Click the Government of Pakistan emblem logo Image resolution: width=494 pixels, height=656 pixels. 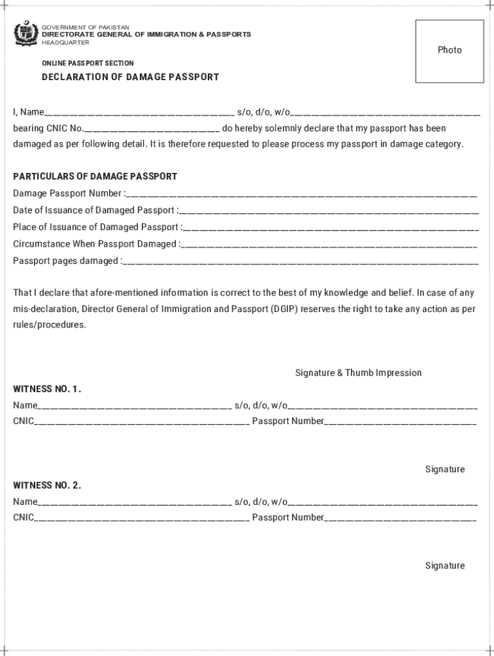[x=26, y=35]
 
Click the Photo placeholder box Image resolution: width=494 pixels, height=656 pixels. [x=449, y=51]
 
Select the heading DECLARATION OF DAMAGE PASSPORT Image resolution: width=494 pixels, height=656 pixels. [x=130, y=77]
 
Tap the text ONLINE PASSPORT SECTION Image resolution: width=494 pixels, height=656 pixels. [x=88, y=63]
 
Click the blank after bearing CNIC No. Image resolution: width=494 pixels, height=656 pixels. [x=152, y=129]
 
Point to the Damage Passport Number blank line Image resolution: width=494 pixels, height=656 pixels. [x=302, y=194]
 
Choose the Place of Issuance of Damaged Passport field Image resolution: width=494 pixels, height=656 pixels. [x=330, y=227]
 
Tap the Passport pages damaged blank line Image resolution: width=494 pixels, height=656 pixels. [x=300, y=261]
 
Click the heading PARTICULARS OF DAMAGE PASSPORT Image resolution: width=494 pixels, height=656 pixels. [x=95, y=176]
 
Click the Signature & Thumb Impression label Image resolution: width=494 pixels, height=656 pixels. [x=358, y=373]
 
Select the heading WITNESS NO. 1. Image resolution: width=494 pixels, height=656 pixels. [x=47, y=389]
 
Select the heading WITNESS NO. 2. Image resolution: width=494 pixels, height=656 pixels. [x=47, y=485]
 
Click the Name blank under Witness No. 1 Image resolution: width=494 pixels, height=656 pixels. [x=135, y=406]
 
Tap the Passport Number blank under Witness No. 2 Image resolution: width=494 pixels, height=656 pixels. [x=400, y=518]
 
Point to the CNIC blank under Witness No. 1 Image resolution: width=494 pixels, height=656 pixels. [x=142, y=422]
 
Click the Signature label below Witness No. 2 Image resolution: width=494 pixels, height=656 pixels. [x=445, y=566]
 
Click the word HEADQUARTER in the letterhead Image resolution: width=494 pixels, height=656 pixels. [x=65, y=42]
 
